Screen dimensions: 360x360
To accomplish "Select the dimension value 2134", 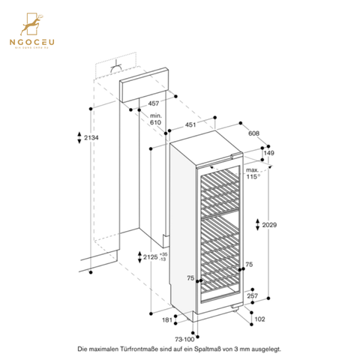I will tap(91, 138).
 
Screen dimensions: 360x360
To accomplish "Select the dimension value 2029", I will tap(272, 226).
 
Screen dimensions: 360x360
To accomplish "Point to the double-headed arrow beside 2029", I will tap(257, 226).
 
